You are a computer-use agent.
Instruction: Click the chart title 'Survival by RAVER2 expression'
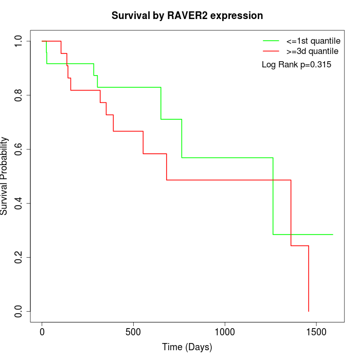point(187,16)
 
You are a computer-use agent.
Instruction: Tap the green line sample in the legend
point(271,40)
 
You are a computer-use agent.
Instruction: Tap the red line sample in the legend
point(271,51)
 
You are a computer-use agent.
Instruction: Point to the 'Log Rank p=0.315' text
point(296,65)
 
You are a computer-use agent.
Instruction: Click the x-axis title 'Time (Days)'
point(187,347)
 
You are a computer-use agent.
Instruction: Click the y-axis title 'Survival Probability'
point(5,176)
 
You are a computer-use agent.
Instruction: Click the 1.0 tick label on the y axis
point(19,41)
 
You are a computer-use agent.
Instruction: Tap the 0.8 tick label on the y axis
point(19,95)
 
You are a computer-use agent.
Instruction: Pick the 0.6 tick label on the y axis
point(19,149)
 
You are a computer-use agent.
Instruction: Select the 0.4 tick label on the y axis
point(19,203)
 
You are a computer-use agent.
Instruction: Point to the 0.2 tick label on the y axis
point(19,257)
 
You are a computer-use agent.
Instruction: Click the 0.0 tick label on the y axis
point(19,311)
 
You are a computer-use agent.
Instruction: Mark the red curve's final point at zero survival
point(309,311)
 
